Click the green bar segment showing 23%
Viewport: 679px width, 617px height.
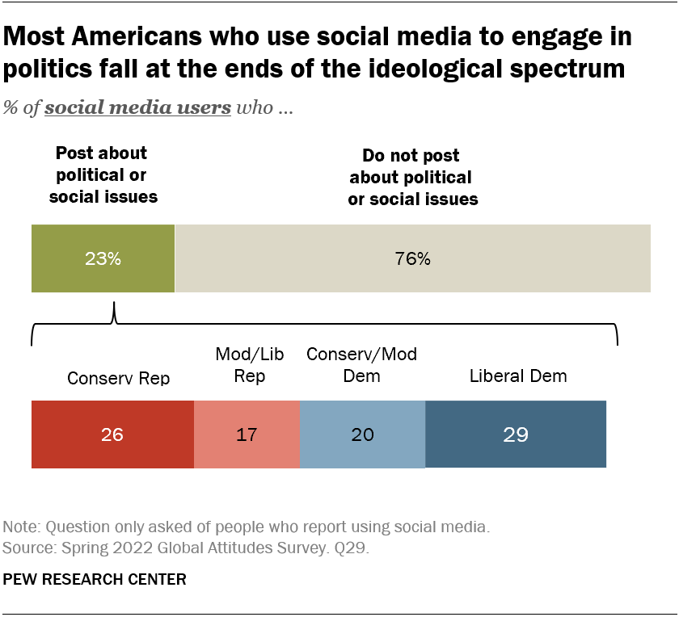(103, 259)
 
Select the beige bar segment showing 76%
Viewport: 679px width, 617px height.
(412, 259)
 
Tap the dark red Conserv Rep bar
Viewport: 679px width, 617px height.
(112, 434)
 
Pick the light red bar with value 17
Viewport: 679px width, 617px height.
(247, 434)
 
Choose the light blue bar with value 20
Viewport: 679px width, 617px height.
(362, 434)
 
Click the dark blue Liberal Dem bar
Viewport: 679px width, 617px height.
(515, 434)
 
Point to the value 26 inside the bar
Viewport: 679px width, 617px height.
(112, 434)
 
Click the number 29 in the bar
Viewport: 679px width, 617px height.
(515, 434)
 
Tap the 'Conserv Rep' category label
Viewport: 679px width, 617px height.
(118, 377)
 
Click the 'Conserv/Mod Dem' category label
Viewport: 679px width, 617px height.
(361, 366)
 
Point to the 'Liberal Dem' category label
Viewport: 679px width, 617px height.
(518, 376)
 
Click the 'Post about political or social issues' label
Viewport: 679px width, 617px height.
(103, 174)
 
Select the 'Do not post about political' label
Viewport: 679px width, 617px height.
(412, 177)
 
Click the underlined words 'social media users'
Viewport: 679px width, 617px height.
(137, 108)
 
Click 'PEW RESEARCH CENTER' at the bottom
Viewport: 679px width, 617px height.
(95, 579)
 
